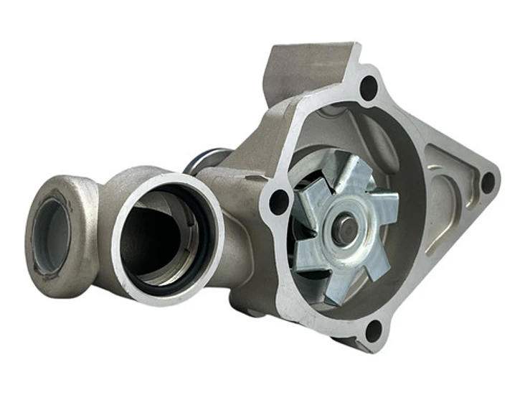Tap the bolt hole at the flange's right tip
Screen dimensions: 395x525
click(x=488, y=182)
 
